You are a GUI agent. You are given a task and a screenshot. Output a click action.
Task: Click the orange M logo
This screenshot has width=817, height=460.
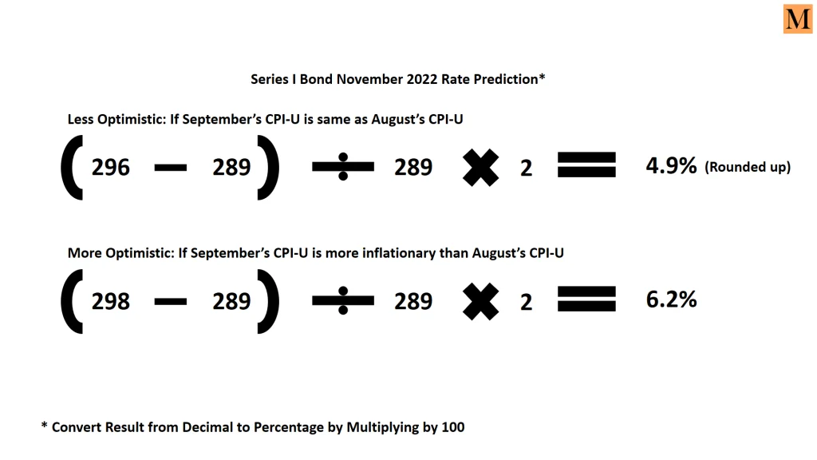tap(798, 19)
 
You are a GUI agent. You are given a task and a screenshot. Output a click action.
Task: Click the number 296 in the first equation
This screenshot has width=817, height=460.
tap(110, 168)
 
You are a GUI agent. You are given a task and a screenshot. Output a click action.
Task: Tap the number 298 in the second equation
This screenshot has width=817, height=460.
tap(110, 301)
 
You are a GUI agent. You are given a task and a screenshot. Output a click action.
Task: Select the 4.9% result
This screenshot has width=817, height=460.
tap(671, 166)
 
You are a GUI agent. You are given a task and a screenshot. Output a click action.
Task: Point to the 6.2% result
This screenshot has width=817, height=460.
tap(671, 299)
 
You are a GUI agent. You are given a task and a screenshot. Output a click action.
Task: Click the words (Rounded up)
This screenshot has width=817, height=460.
tap(748, 167)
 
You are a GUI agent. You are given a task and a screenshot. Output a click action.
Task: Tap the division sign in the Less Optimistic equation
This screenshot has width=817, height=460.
tap(343, 167)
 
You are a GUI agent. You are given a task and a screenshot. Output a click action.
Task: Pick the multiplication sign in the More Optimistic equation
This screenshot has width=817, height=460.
tap(480, 301)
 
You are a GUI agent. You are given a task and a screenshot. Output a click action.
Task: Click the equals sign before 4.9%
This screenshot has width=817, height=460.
tap(586, 165)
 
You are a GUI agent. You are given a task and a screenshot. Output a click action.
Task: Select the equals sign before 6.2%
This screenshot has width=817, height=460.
tap(586, 299)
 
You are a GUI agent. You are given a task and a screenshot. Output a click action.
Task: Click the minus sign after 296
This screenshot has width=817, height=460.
tap(171, 168)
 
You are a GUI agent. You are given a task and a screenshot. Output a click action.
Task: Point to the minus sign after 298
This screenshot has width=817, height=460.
tap(171, 301)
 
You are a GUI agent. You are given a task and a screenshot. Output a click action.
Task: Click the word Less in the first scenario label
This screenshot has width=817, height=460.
tap(81, 120)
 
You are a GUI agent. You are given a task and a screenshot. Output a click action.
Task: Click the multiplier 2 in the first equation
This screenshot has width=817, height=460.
tap(527, 168)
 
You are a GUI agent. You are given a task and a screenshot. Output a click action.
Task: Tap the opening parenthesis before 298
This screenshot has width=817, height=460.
tap(72, 301)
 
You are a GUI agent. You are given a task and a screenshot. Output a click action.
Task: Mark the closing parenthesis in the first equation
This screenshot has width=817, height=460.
tap(268, 168)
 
